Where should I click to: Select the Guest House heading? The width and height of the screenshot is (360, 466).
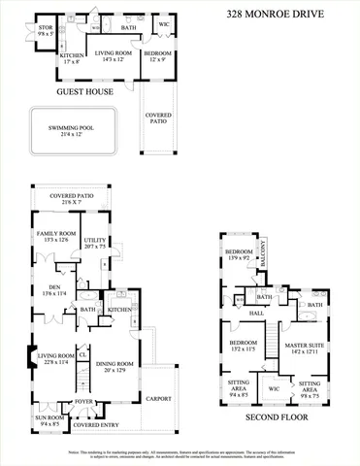(84, 92)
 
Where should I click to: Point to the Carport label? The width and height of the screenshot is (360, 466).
(159, 398)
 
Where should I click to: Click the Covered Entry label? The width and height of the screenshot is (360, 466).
(95, 425)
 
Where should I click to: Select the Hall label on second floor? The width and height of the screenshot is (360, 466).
(257, 314)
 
